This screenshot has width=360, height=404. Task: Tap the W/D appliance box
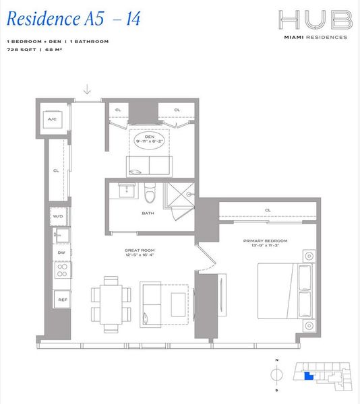(x=58, y=216)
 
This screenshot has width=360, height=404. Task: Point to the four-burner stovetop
(x=62, y=270)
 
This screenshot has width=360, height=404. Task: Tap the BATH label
(x=147, y=214)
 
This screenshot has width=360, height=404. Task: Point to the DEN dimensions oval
(x=150, y=139)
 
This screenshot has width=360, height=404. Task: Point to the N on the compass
(x=276, y=359)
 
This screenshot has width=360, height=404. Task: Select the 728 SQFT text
(x=19, y=49)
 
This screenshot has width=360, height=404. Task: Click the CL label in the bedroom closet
(x=268, y=210)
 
